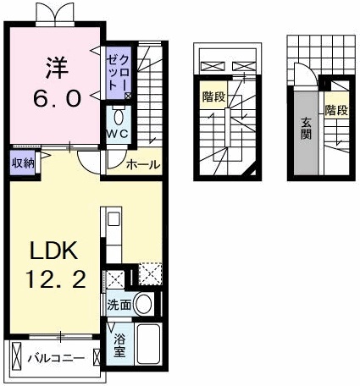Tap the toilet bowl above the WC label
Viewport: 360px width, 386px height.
[x=117, y=116]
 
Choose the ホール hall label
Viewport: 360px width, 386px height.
[x=143, y=165]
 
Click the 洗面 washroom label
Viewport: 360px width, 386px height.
[x=118, y=304]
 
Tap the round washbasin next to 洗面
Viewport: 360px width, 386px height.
[x=144, y=304]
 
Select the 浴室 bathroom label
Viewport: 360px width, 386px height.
[x=119, y=345]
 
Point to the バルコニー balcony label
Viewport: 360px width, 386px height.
[x=55, y=358]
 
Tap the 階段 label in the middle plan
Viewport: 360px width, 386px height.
[x=213, y=97]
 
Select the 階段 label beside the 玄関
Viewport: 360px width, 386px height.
[x=335, y=110]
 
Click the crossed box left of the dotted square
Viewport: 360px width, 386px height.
[x=115, y=278]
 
